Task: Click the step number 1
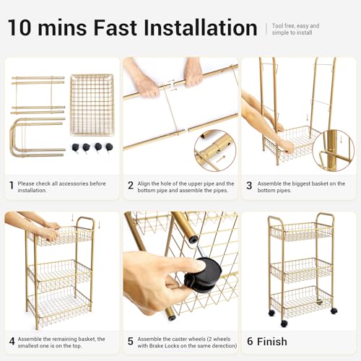(x=12, y=186)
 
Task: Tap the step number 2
(x=131, y=186)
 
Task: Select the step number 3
(x=249, y=186)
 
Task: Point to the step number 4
(x=12, y=342)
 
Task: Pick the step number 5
(x=131, y=342)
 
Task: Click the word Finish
(x=272, y=342)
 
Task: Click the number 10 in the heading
(x=19, y=27)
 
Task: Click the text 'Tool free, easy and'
(x=295, y=26)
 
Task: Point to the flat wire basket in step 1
(x=92, y=105)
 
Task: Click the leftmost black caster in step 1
(x=75, y=147)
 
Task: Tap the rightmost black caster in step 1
(x=109, y=147)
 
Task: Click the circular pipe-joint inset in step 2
(x=215, y=151)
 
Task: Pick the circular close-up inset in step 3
(x=334, y=151)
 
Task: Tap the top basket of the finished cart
(x=301, y=232)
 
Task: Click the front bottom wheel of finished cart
(x=284, y=323)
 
